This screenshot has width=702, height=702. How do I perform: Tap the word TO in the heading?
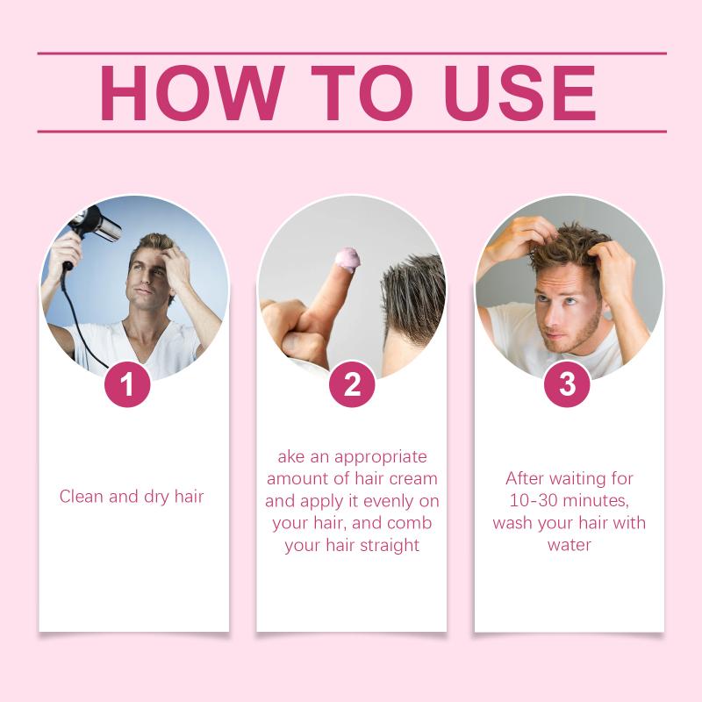(362, 93)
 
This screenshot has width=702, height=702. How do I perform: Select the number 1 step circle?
(127, 384)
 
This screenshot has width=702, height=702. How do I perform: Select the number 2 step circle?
(352, 384)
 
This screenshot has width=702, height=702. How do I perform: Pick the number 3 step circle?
(567, 384)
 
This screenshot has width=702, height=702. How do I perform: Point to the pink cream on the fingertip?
(347, 260)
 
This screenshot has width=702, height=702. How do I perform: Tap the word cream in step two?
(413, 478)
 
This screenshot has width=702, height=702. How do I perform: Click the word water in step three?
(569, 545)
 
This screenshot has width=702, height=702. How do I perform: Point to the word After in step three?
(525, 478)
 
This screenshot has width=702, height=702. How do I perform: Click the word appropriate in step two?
(381, 457)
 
